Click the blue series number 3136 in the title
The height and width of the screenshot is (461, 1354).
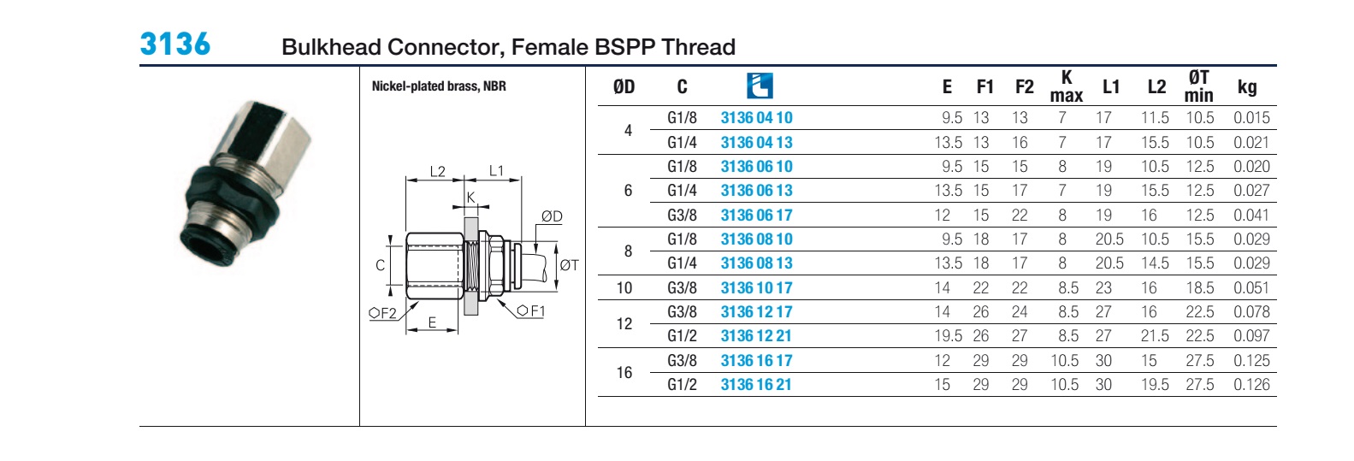pyautogui.click(x=174, y=44)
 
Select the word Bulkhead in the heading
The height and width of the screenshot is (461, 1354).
pyautogui.click(x=331, y=47)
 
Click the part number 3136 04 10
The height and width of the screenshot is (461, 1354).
pyautogui.click(x=756, y=118)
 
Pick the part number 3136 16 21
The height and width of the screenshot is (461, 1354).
pyautogui.click(x=756, y=385)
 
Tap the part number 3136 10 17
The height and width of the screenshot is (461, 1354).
pyautogui.click(x=756, y=288)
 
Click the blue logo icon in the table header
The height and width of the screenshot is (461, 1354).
pyautogui.click(x=760, y=86)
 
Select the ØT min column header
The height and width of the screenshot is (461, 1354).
pyautogui.click(x=1198, y=86)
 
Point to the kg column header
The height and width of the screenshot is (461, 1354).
pyautogui.click(x=1247, y=87)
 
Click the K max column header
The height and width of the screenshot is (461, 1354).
pyautogui.click(x=1067, y=86)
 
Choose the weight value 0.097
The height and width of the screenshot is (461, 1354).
pyautogui.click(x=1251, y=336)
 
